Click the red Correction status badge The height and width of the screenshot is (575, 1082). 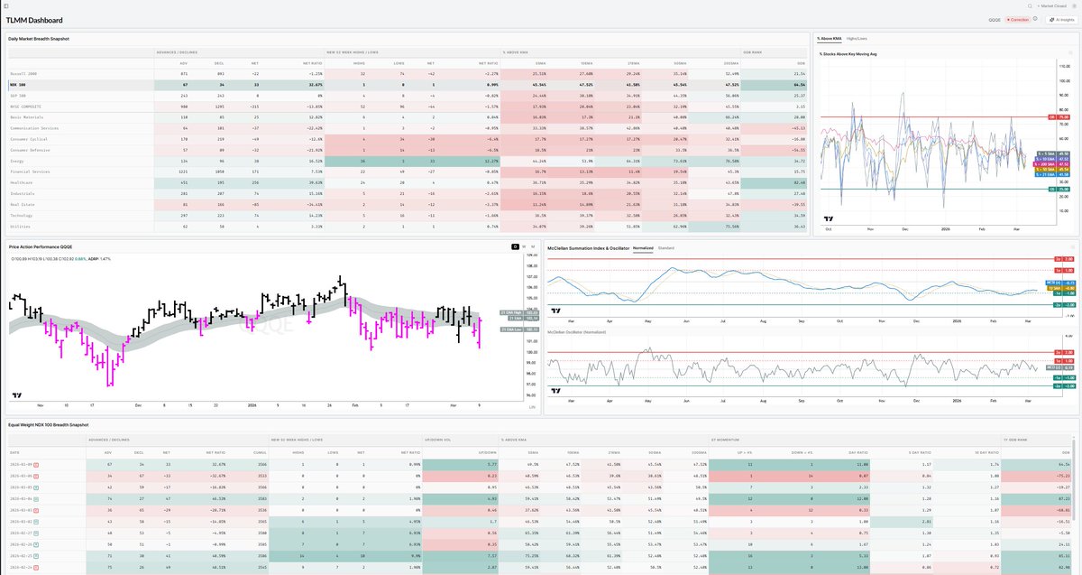coord(1019,19)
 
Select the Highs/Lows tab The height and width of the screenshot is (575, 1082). coord(857,39)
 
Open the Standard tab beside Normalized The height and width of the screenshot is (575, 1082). coord(666,246)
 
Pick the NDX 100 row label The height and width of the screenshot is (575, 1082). coord(18,83)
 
